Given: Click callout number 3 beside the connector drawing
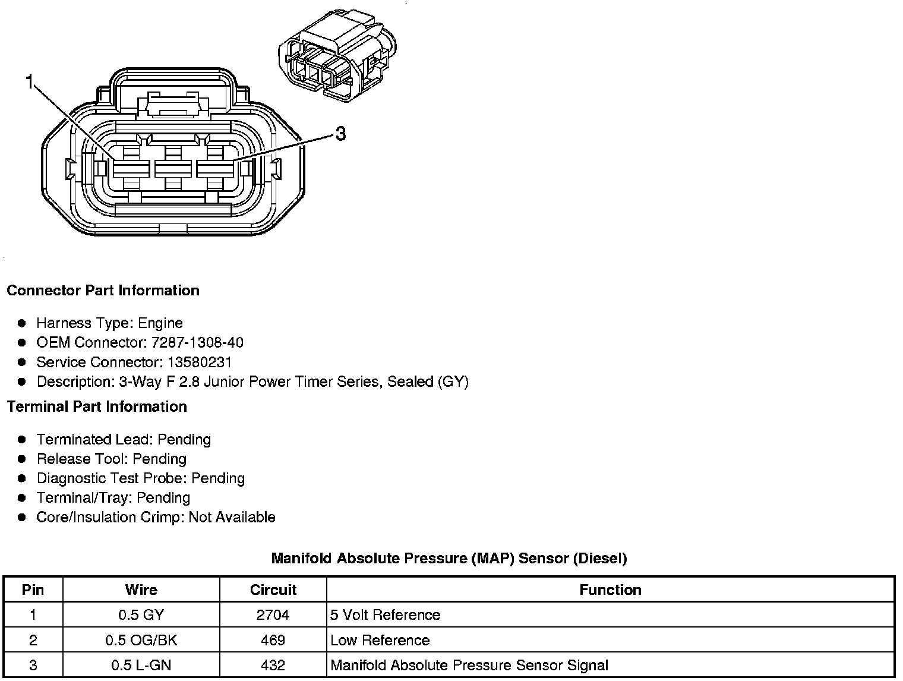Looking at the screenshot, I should coord(340,134).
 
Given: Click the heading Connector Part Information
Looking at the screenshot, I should coord(103,291).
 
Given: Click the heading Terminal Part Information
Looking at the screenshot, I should coord(97,407).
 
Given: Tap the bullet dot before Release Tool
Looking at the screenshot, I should coord(22,459).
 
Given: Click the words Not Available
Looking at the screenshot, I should coord(232,518).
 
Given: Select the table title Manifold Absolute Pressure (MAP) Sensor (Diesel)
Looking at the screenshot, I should coord(449,559).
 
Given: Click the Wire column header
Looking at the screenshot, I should coord(141,590).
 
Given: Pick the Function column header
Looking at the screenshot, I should coord(610,590).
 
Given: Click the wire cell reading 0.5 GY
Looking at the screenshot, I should coord(141,615).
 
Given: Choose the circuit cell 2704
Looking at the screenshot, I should coord(273,615).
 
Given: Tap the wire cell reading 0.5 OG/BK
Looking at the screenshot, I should coord(141,641).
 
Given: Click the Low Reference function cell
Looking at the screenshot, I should coord(380,641).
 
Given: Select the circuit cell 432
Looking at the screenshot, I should coord(273,666).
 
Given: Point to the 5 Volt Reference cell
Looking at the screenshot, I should coord(385,615).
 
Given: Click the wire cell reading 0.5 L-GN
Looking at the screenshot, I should coord(141,666).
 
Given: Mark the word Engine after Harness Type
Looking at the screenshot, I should coord(160,323).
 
